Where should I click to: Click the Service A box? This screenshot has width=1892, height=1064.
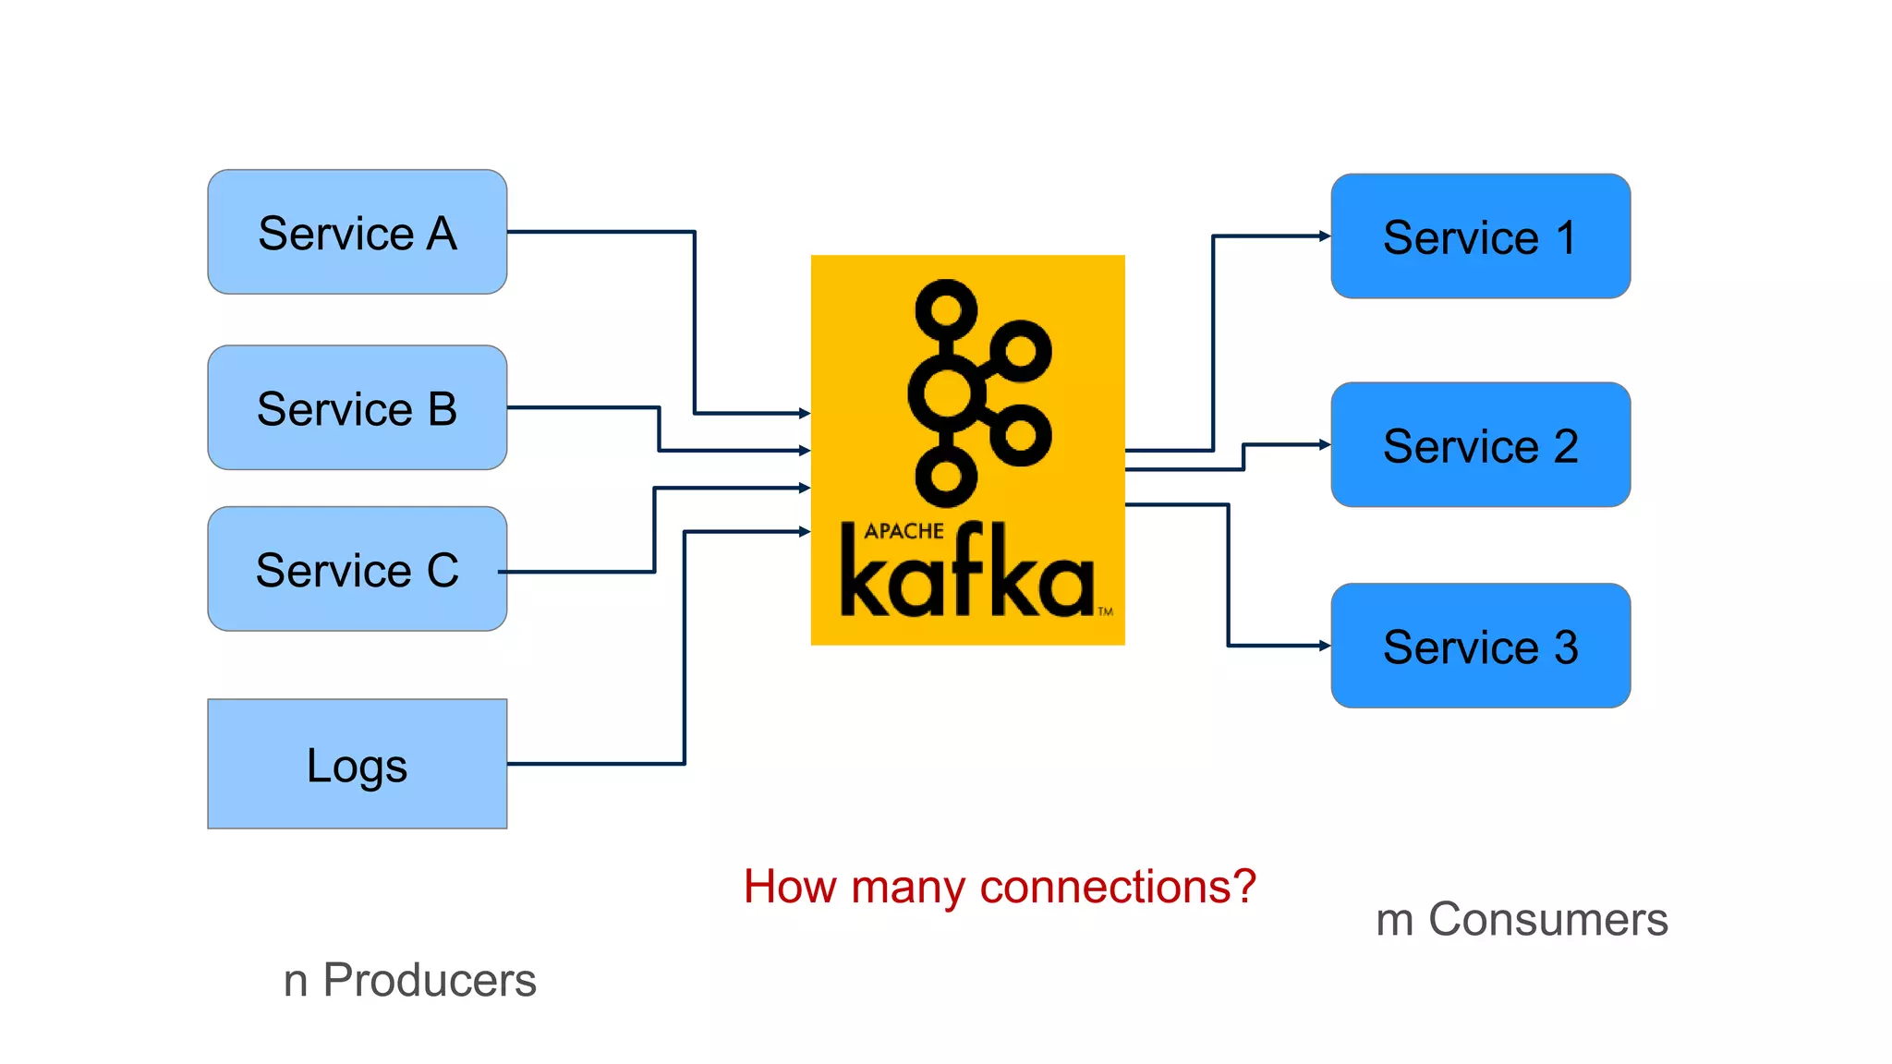(357, 232)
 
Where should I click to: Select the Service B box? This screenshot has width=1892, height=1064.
(357, 407)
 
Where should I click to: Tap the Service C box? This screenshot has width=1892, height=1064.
(357, 569)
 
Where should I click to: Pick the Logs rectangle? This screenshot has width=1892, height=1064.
(357, 764)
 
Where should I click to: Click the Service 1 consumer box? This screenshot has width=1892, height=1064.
(1480, 236)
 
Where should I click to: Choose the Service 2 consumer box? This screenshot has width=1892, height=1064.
(1480, 444)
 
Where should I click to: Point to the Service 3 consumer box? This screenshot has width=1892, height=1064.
(1480, 646)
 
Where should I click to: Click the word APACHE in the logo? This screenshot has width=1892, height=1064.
(904, 531)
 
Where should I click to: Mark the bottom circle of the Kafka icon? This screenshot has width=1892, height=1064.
(946, 477)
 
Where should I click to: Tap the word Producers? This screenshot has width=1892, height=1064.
(430, 980)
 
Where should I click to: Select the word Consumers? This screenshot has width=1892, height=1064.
(1548, 919)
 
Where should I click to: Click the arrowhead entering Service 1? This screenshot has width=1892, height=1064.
(1325, 236)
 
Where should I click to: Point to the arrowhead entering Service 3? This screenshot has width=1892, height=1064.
(1325, 646)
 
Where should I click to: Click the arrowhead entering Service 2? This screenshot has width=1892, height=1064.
(1325, 444)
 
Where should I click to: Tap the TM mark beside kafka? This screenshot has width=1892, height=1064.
(1105, 611)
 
